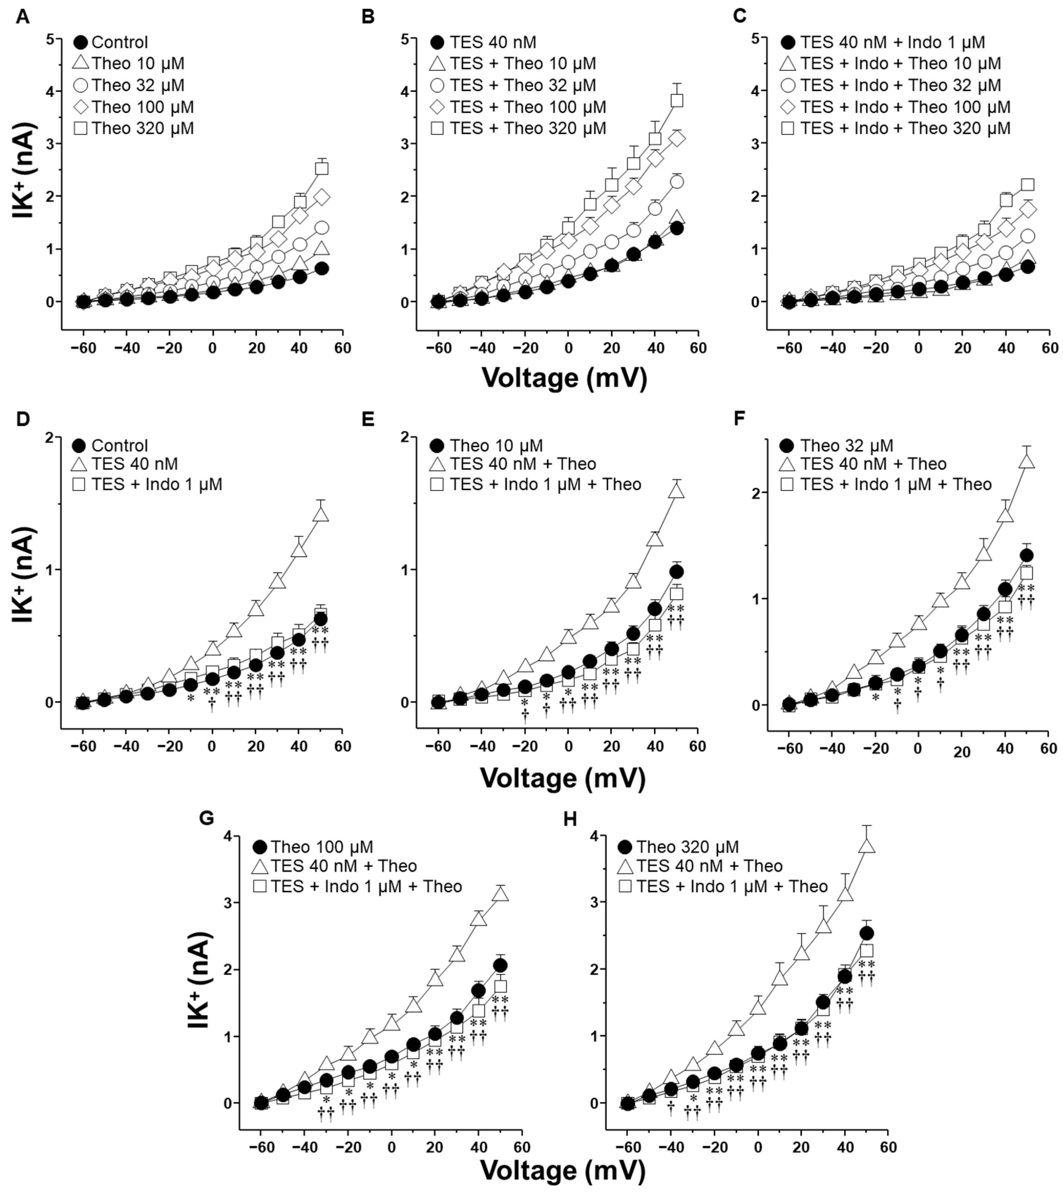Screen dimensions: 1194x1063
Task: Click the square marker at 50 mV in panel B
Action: [x=677, y=100]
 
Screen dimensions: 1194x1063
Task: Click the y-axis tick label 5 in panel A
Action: [x=51, y=39]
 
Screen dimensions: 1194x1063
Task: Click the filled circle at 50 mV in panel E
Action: [x=677, y=572]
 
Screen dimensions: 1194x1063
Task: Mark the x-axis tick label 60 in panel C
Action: [x=1050, y=349]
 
